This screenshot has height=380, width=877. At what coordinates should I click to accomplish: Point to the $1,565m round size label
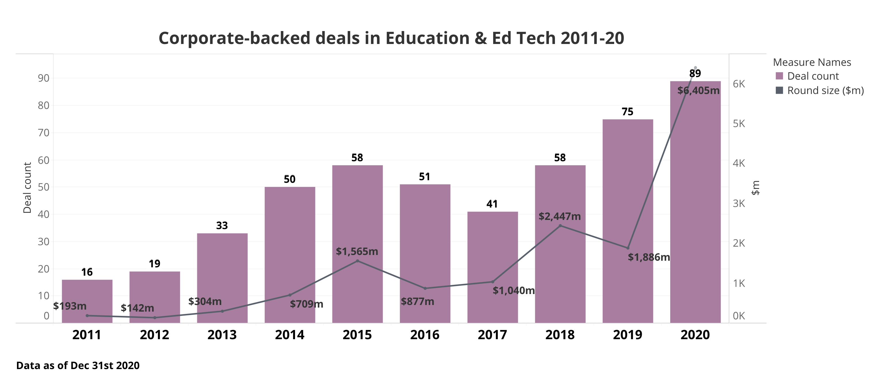click(x=357, y=252)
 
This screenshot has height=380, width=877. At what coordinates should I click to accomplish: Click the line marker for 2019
click(x=628, y=248)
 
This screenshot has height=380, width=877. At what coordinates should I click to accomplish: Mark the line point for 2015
click(x=357, y=261)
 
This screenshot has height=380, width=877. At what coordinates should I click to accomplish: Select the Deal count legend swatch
click(x=779, y=76)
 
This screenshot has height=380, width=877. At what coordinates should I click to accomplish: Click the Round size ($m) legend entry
click(x=825, y=91)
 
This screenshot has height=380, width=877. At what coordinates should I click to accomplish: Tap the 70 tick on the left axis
click(x=44, y=133)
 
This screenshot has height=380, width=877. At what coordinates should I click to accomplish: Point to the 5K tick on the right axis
click(x=739, y=124)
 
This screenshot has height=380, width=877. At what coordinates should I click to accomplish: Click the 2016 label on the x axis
click(x=424, y=335)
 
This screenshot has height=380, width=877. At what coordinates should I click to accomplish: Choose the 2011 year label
click(x=87, y=335)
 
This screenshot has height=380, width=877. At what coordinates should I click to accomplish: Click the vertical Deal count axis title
click(x=27, y=187)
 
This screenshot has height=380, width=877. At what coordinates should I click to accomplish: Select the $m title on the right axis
click(x=755, y=188)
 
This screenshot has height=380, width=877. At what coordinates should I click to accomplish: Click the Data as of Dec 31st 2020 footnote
click(x=78, y=365)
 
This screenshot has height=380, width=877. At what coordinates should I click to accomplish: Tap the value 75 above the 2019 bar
click(x=627, y=112)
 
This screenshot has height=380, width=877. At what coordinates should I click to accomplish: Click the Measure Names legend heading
click(x=812, y=62)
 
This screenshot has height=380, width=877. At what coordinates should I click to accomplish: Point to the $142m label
click(x=137, y=308)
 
